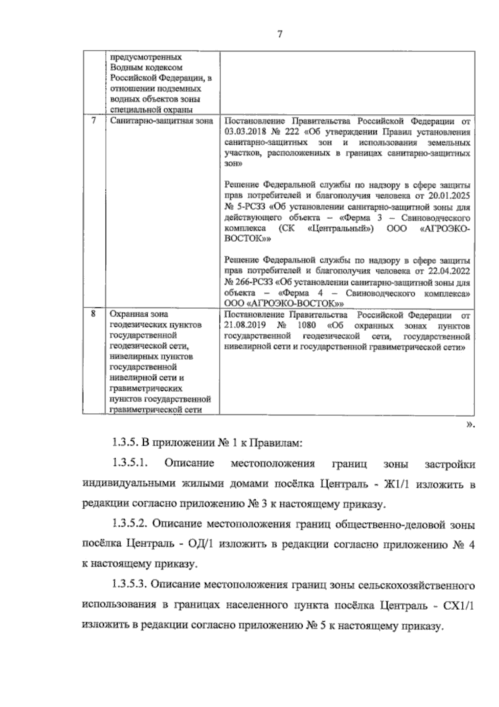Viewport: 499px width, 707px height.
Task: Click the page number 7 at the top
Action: [x=279, y=35]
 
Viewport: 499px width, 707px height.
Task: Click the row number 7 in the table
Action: [x=94, y=121]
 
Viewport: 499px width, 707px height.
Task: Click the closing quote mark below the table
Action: [x=469, y=425]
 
